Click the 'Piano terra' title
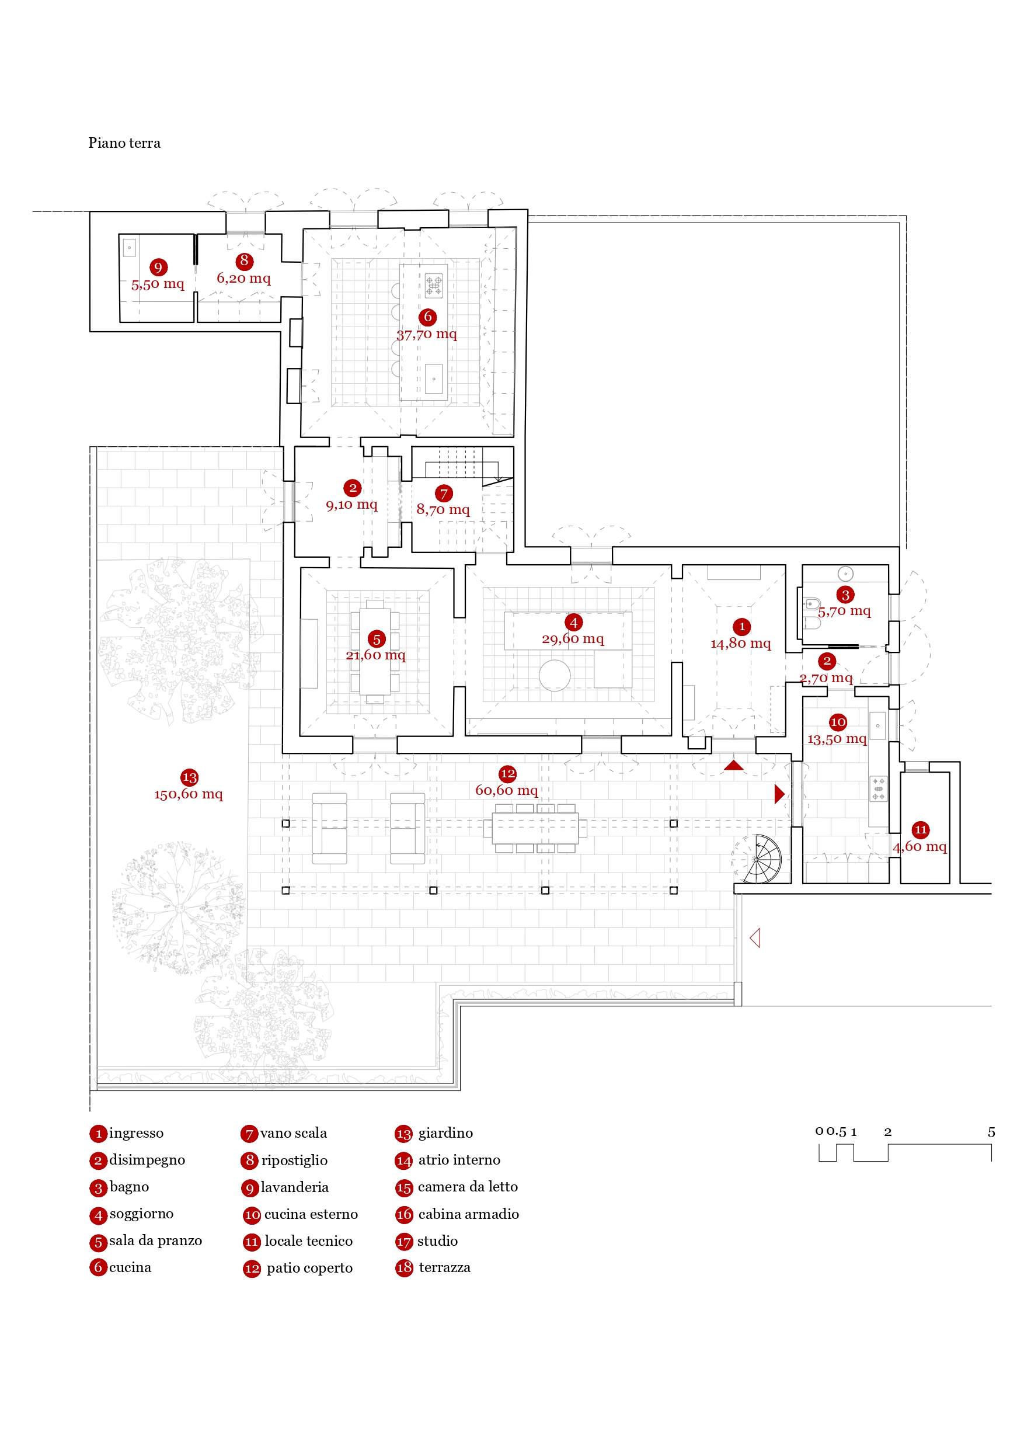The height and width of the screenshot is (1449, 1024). pyautogui.click(x=124, y=143)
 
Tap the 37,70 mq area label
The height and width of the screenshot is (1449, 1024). pyautogui.click(x=427, y=334)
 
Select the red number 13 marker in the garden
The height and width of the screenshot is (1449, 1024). pyautogui.click(x=189, y=777)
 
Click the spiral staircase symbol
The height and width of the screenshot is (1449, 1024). pyautogui.click(x=759, y=859)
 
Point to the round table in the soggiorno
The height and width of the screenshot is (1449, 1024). pyautogui.click(x=555, y=675)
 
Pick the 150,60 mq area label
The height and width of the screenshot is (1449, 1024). pyautogui.click(x=189, y=794)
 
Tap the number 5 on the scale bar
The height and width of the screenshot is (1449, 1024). pyautogui.click(x=991, y=1132)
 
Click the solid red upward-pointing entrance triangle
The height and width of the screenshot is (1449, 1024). pyautogui.click(x=733, y=765)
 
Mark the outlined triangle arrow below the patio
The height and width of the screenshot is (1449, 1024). pyautogui.click(x=755, y=938)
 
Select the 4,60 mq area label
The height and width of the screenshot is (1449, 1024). pyautogui.click(x=920, y=846)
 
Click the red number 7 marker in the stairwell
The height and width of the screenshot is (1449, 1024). pyautogui.click(x=444, y=493)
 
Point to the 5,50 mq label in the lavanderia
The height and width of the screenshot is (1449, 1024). pyautogui.click(x=158, y=284)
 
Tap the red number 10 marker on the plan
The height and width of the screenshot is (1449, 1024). pyautogui.click(x=837, y=721)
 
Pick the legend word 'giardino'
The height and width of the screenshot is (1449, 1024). pyautogui.click(x=445, y=1133)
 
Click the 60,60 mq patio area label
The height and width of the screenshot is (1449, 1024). pyautogui.click(x=507, y=790)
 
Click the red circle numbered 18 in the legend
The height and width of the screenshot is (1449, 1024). pyautogui.click(x=404, y=1267)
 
